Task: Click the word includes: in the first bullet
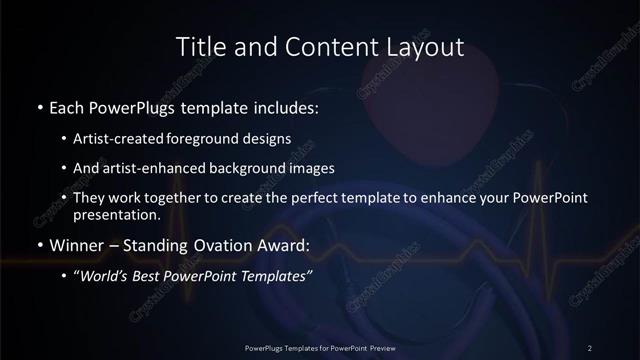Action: point(287,106)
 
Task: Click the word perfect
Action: point(337,199)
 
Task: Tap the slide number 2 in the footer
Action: point(590,347)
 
